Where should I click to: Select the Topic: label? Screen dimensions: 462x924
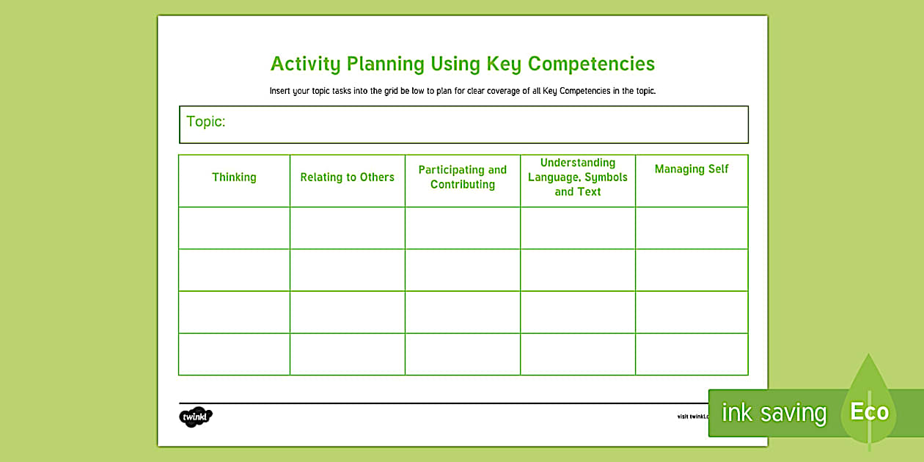tap(206, 122)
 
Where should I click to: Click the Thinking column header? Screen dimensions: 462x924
tap(234, 177)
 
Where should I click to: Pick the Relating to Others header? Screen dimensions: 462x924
tap(347, 177)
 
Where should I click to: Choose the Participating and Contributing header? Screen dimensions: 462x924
tap(463, 177)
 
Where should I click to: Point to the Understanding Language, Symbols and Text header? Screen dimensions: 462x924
tap(578, 177)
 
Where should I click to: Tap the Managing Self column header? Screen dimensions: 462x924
tap(692, 169)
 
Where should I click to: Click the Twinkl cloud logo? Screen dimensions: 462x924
tap(196, 417)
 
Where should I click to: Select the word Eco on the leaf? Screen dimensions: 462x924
tap(869, 412)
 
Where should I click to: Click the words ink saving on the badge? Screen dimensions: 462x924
tap(774, 414)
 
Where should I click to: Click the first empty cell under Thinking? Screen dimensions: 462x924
tap(234, 228)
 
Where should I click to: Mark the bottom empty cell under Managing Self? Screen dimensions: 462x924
tap(692, 354)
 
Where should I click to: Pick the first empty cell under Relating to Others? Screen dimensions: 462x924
tap(347, 228)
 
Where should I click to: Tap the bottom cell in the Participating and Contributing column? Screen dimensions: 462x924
tap(463, 354)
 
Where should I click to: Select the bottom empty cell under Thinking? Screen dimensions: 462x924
tap(234, 354)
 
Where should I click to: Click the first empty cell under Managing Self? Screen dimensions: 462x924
tap(692, 228)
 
